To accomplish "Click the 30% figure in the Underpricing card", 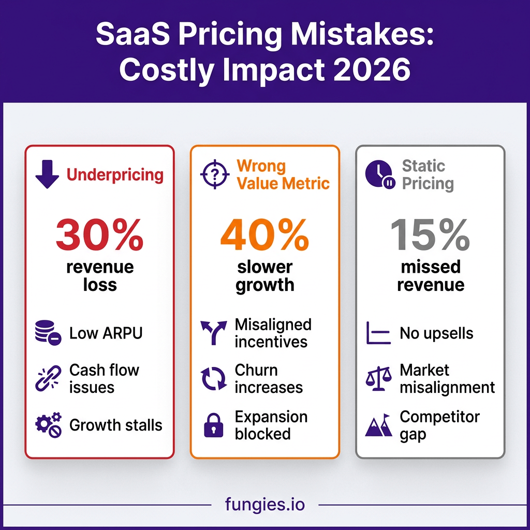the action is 100,234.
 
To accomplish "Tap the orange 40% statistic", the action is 264,234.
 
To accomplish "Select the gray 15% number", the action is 430,234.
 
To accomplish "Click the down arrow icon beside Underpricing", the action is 47,174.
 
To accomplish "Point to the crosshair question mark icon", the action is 215,174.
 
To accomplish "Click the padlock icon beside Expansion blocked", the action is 214,425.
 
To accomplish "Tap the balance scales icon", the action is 378,379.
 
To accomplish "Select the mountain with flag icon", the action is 378,425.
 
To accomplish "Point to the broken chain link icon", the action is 48,378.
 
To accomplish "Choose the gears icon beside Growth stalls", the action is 48,425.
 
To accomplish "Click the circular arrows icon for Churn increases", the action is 214,378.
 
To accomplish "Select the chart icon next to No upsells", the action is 378,333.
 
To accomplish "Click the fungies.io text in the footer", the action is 265,504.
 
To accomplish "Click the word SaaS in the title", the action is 133,34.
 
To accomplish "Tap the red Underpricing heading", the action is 115,175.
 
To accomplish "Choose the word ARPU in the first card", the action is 122,333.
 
